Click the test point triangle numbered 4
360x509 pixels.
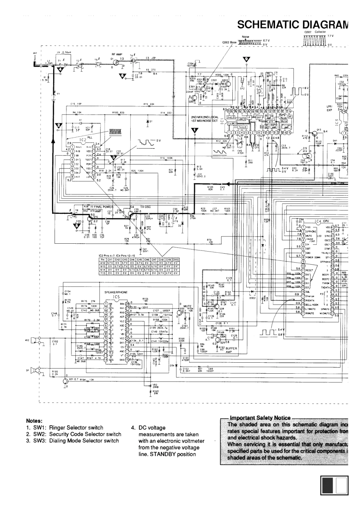(59, 69)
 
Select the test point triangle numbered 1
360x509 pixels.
(195, 130)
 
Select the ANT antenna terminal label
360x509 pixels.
(35, 53)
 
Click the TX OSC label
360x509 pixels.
(146, 207)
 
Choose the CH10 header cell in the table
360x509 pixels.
(175, 260)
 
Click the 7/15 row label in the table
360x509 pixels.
(102, 273)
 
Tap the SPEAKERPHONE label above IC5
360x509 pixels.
(116, 292)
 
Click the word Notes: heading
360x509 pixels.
(33, 420)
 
